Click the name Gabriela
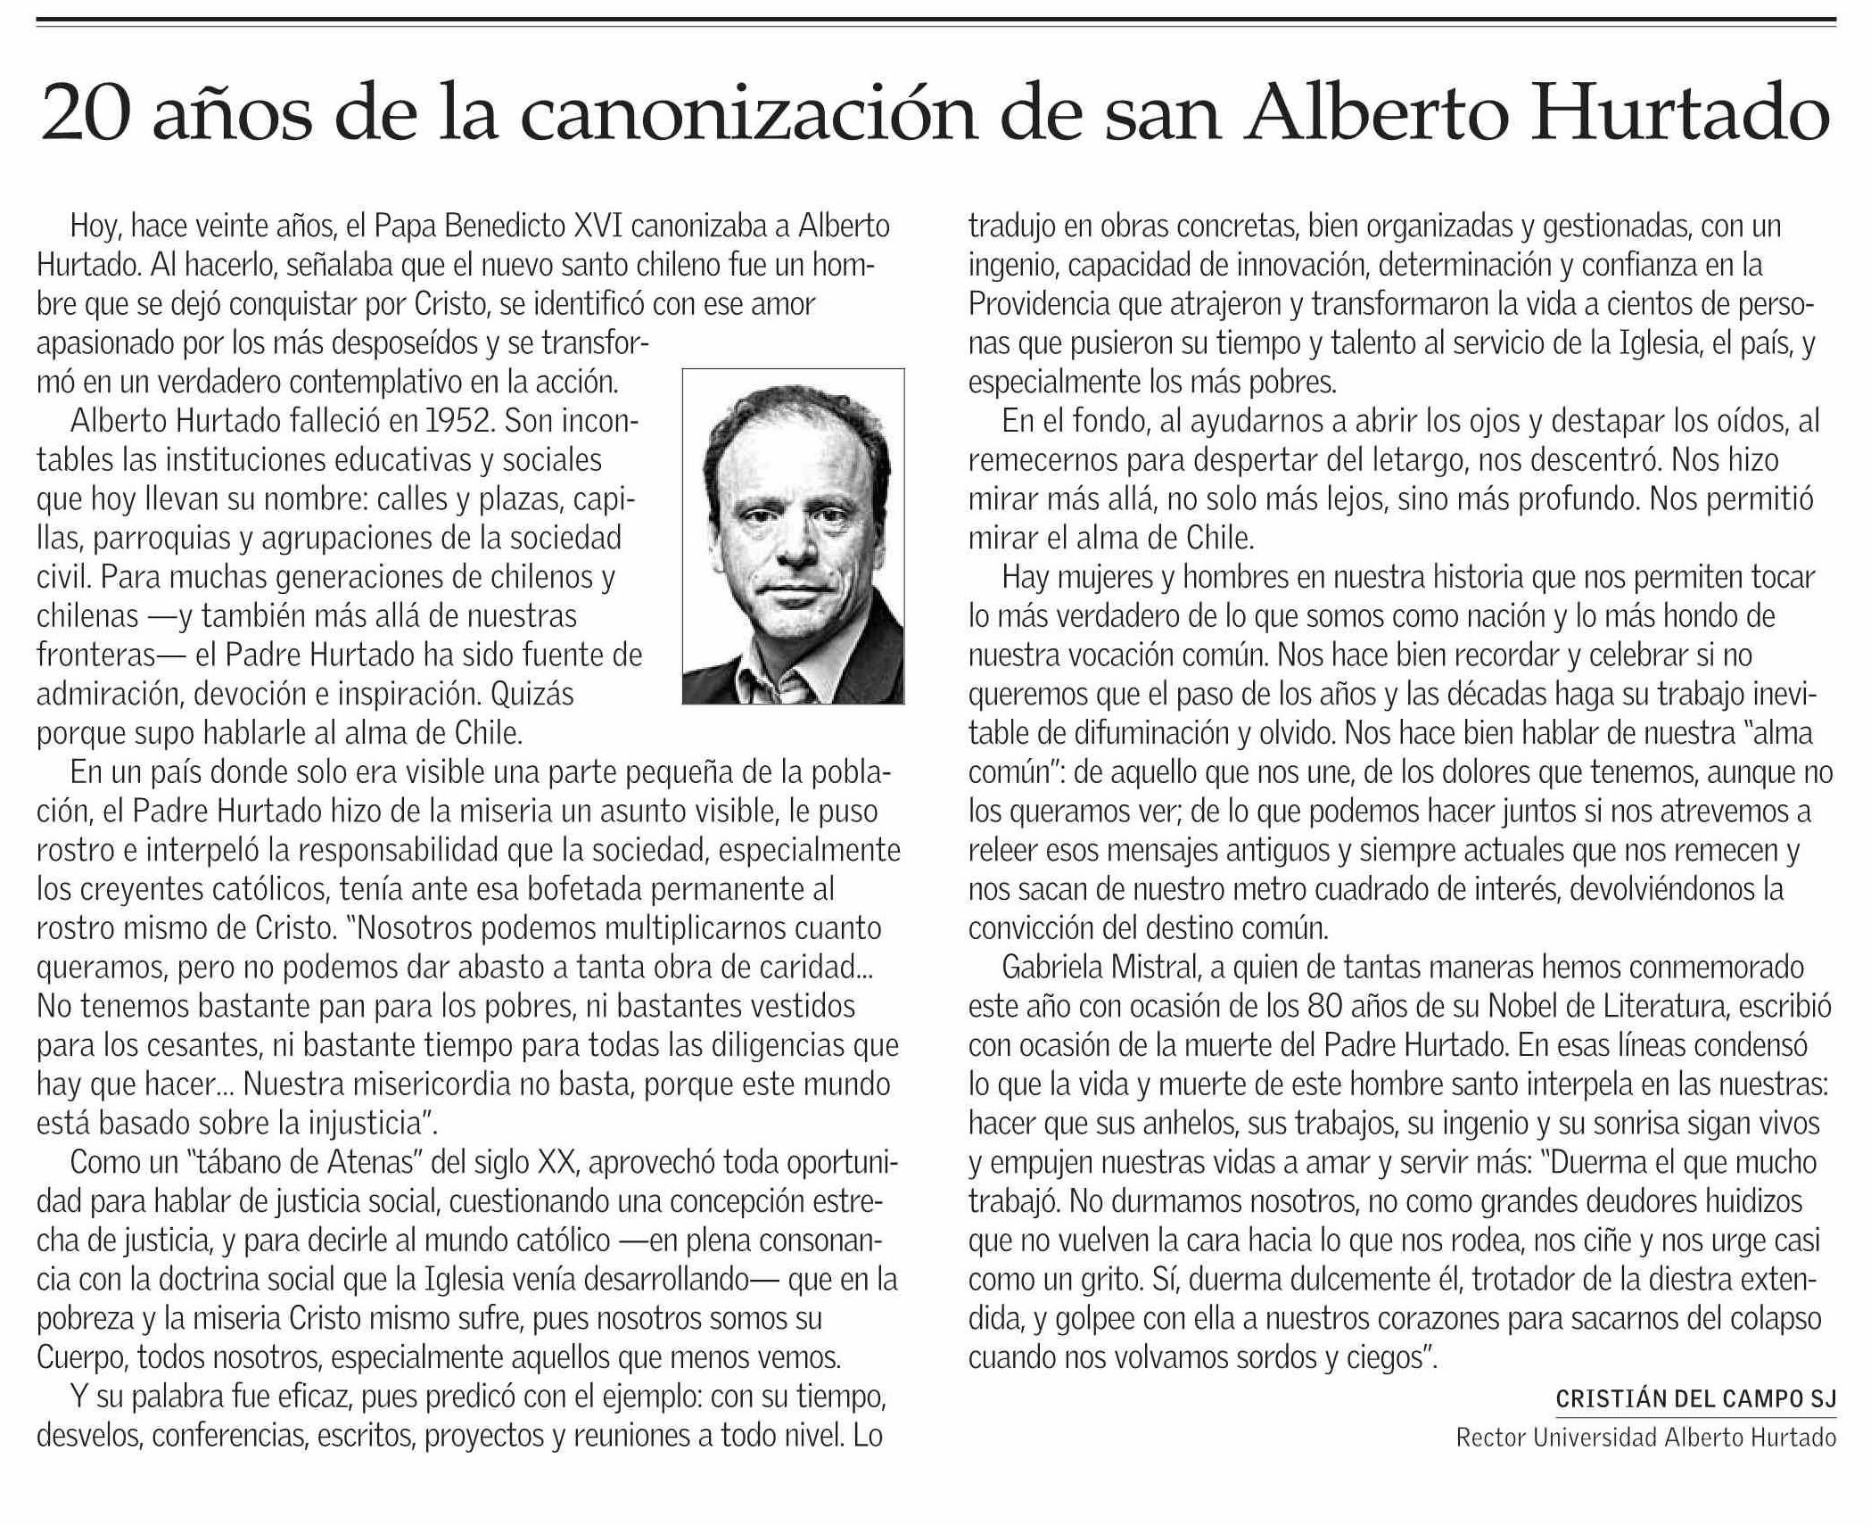click(x=1055, y=968)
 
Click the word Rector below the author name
click(x=1482, y=1438)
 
